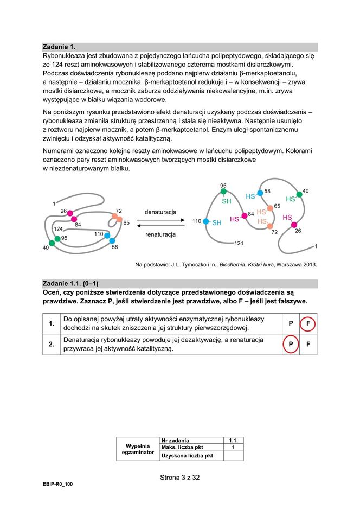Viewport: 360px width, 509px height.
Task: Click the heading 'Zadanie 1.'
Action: pyautogui.click(x=60, y=47)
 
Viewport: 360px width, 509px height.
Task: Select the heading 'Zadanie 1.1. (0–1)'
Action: pyautogui.click(x=70, y=283)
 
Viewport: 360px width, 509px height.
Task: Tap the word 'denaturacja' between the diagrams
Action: pyautogui.click(x=160, y=212)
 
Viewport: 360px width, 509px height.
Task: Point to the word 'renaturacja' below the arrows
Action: pyautogui.click(x=160, y=234)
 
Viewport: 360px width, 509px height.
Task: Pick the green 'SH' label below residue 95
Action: pyautogui.click(x=227, y=201)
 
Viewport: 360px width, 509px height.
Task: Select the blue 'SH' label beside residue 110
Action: pyautogui.click(x=217, y=222)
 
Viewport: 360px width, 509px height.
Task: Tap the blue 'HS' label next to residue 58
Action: pyautogui.click(x=250, y=196)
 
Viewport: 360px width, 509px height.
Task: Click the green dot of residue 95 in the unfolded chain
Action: pyautogui.click(x=223, y=192)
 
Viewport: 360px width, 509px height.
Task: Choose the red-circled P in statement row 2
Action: pyautogui.click(x=291, y=345)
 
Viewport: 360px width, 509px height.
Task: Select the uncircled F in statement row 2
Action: pyautogui.click(x=308, y=345)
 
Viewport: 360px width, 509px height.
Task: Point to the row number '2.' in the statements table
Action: pyautogui.click(x=52, y=345)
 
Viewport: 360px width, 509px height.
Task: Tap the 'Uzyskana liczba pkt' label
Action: pyautogui.click(x=185, y=456)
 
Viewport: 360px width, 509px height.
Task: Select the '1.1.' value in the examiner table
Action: pyautogui.click(x=233, y=440)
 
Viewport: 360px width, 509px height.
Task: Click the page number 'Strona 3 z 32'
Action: pyautogui.click(x=180, y=478)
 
